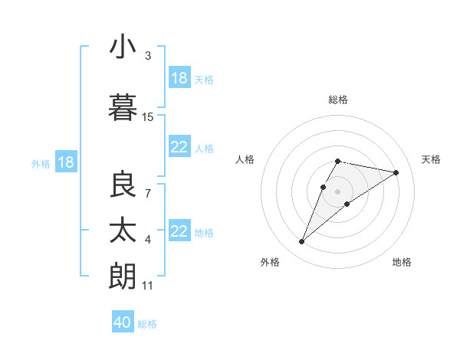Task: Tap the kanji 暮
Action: pos(123,108)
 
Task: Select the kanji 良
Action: pos(123,185)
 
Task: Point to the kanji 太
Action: pos(123,231)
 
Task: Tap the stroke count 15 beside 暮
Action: pos(148,117)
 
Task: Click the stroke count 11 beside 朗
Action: pos(148,286)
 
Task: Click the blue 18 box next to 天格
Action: pos(179,78)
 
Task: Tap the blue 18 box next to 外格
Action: pos(66,162)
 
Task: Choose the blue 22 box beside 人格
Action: pos(179,147)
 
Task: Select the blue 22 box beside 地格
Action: pos(179,231)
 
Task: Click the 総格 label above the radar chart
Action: pos(338,100)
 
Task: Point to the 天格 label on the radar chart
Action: pos(432,159)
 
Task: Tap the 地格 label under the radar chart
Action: pos(402,262)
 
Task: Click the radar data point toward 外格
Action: pos(301,242)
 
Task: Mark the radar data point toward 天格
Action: pos(396,172)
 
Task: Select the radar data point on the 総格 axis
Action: pos(338,161)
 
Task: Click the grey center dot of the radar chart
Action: pos(338,191)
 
